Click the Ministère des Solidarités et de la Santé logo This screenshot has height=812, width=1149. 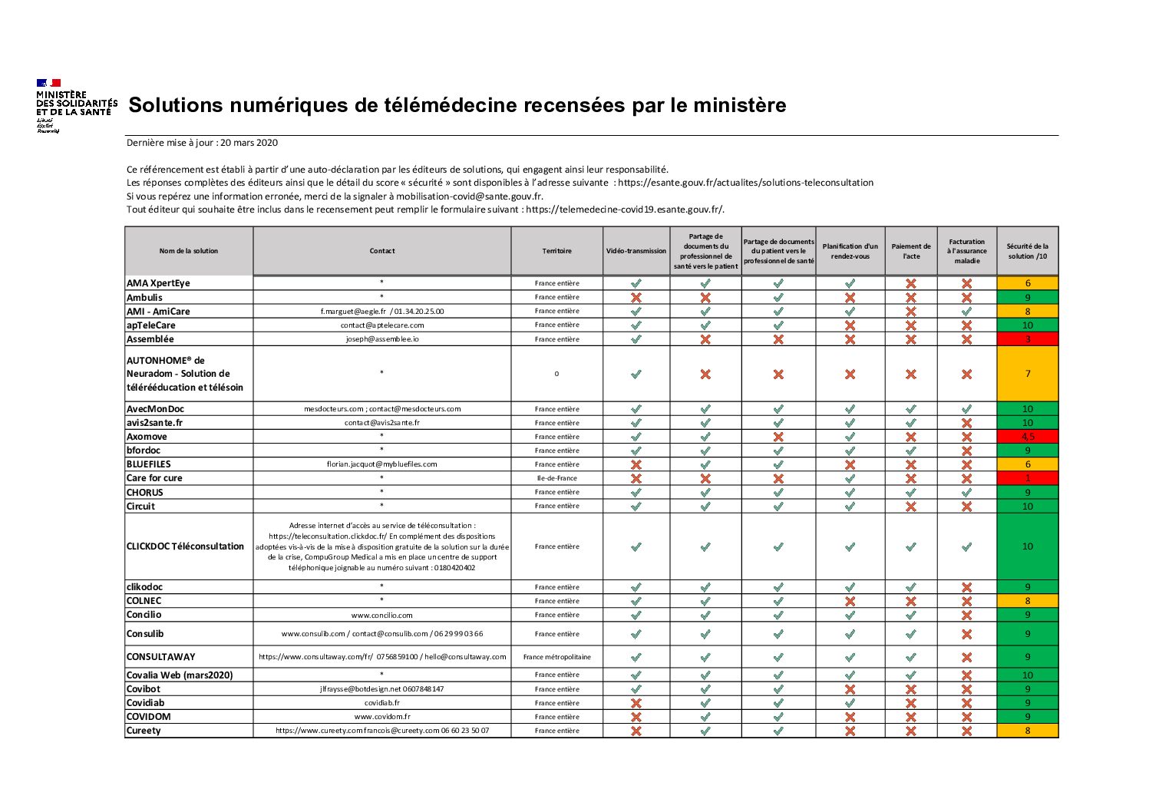(76, 106)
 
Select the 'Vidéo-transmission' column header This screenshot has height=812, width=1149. (636, 251)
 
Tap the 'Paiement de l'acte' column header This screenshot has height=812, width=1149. (911, 251)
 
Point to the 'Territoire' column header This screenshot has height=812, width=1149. (557, 251)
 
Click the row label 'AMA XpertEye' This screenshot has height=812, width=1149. (158, 283)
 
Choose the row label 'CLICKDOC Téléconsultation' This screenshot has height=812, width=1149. (185, 546)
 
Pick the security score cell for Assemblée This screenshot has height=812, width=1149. (1027, 339)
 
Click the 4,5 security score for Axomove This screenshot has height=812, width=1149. (1027, 437)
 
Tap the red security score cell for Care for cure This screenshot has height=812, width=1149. (1027, 478)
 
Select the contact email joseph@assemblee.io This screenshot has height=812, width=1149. (381, 339)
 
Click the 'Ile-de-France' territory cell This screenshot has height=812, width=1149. (557, 478)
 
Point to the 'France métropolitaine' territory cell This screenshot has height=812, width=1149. (557, 657)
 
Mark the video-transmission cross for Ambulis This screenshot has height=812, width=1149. (636, 297)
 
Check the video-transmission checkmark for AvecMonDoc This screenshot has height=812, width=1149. (636, 409)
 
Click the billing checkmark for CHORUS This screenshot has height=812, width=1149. (967, 492)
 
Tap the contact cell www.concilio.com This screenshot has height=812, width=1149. (381, 615)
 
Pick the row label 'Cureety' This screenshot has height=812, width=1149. (144, 731)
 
